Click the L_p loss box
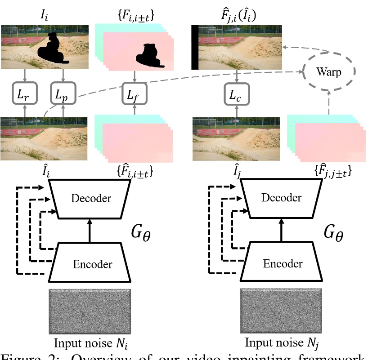[63, 94]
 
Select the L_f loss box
[135, 94]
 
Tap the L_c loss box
[237, 94]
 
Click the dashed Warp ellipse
[328, 72]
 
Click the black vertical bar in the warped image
[195, 48]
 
